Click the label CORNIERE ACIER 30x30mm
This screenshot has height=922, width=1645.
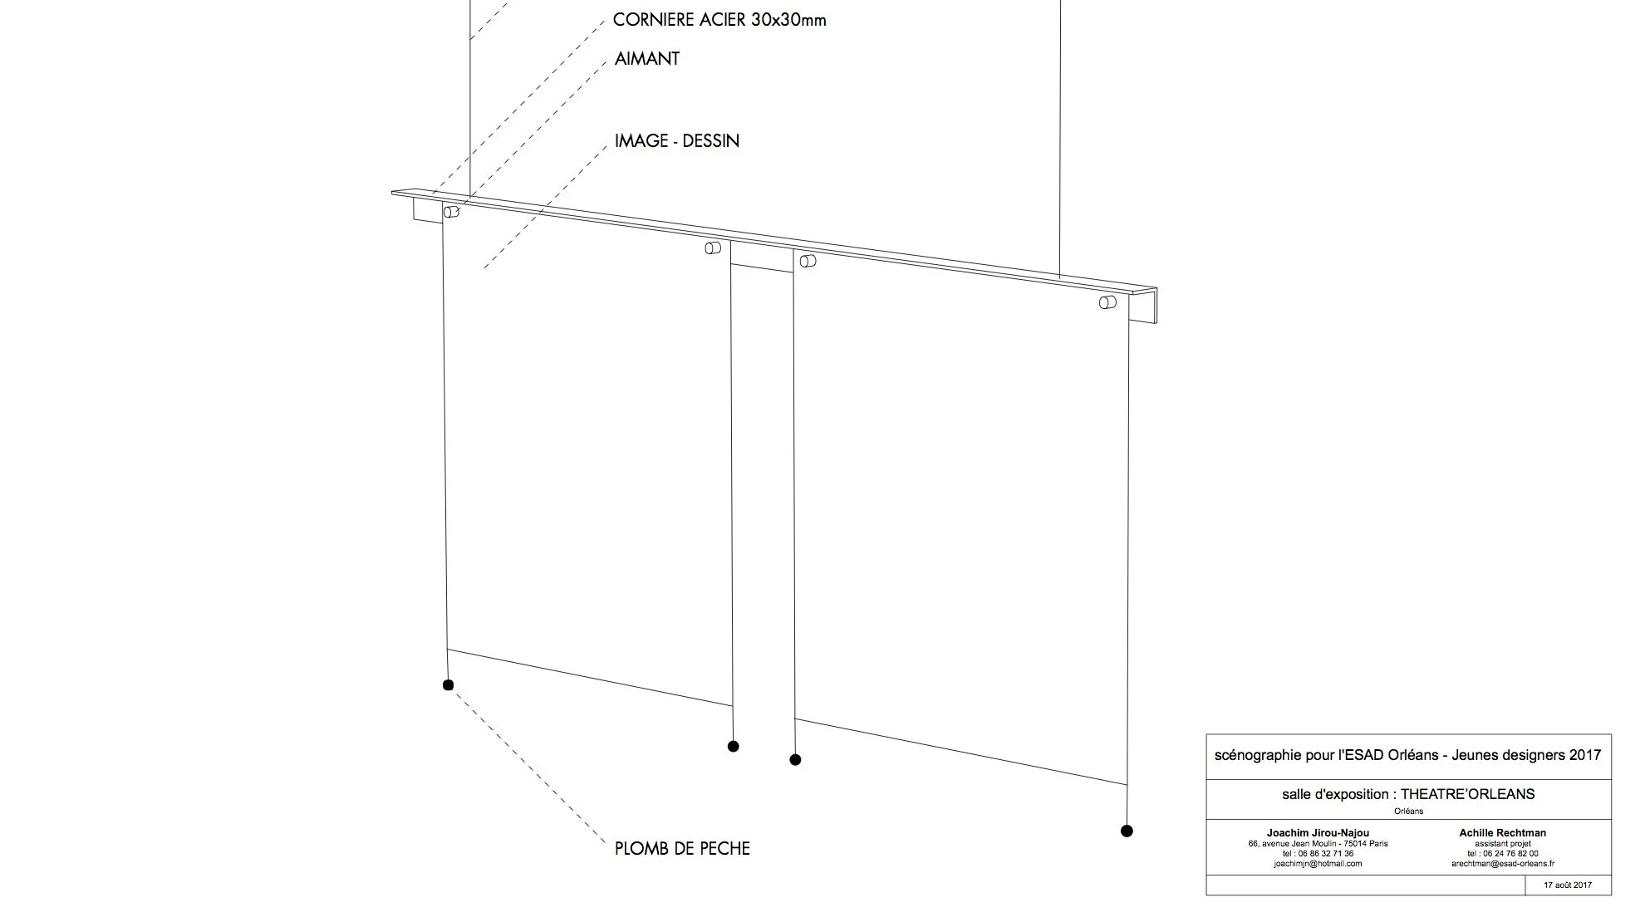(719, 20)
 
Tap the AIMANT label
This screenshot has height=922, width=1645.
(647, 59)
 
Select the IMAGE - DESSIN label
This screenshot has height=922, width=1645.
(676, 141)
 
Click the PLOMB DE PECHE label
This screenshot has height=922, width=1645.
(682, 849)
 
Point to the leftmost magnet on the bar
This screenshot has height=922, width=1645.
(451, 212)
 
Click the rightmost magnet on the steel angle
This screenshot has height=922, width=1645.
(1107, 302)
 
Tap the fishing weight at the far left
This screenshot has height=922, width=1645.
(449, 685)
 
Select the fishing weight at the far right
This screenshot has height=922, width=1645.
(1127, 831)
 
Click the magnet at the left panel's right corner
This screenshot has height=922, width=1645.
(713, 248)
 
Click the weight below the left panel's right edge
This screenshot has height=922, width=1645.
(733, 747)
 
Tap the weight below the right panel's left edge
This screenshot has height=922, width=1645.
(795, 759)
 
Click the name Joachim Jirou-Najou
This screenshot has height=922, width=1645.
(1318, 833)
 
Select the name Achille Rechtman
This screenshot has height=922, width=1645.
(1503, 833)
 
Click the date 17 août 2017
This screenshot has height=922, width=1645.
(1568, 885)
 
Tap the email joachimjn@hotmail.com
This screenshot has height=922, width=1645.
(1318, 864)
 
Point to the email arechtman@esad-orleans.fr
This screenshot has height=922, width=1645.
(1503, 864)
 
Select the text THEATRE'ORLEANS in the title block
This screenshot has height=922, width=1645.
(1467, 794)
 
